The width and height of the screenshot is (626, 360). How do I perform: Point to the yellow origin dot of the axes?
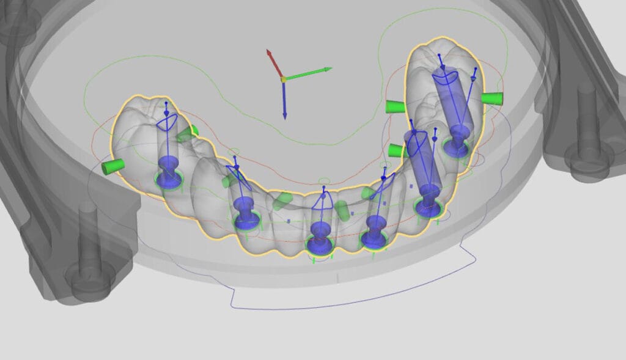284,79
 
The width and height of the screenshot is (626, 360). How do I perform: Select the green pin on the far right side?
492,98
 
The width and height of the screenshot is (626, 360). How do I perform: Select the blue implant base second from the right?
428,207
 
